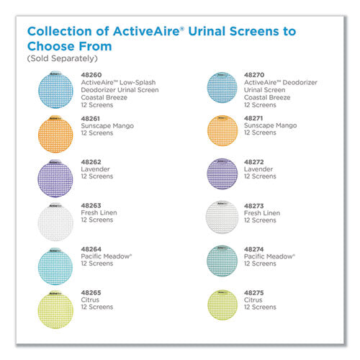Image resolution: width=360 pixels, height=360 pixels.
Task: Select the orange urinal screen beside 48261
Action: click(55, 134)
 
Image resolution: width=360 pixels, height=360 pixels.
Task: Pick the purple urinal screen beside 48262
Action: click(55, 179)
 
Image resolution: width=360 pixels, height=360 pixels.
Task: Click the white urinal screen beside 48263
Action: click(55, 222)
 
